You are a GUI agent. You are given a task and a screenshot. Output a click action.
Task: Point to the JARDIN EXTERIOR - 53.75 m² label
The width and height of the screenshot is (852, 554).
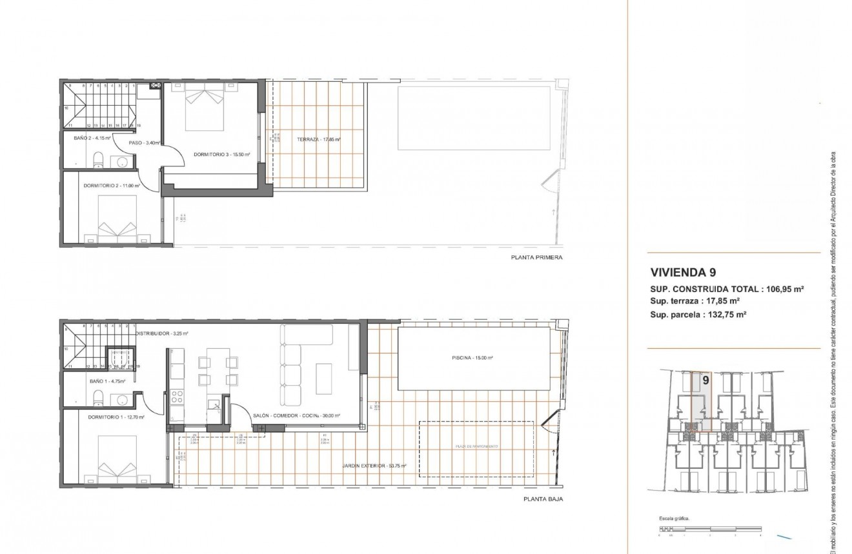click(x=374, y=465)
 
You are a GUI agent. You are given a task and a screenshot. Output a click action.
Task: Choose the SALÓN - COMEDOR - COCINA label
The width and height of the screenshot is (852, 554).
click(x=296, y=416)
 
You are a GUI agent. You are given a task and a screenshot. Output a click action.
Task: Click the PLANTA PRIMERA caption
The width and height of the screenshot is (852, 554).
click(x=536, y=257)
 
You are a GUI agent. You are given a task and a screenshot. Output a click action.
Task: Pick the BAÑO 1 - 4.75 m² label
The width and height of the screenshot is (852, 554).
click(x=107, y=381)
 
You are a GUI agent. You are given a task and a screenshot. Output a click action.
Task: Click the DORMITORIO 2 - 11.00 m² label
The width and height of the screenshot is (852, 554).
click(x=112, y=186)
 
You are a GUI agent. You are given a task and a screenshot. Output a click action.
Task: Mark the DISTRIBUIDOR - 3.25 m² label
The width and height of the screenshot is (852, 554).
click(x=161, y=333)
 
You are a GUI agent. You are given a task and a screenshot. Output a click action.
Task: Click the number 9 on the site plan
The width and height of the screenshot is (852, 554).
click(x=705, y=381)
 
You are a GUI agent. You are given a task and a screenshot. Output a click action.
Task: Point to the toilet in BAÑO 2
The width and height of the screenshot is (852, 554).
click(x=97, y=159)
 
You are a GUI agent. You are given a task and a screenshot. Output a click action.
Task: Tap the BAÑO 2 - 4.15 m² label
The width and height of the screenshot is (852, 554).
click(x=92, y=138)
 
